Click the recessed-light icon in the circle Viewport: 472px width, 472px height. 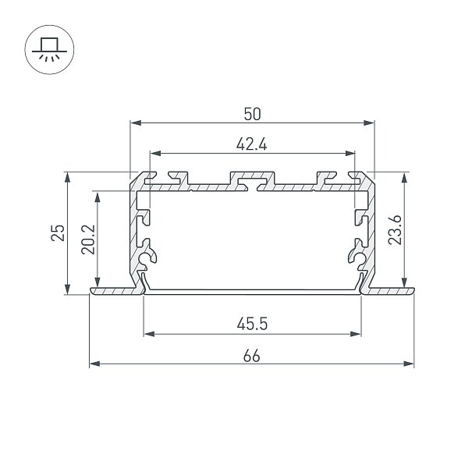pyautogui.click(x=49, y=49)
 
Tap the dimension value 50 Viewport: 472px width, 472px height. pyautogui.click(x=252, y=114)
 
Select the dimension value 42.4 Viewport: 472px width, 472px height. pyautogui.click(x=252, y=144)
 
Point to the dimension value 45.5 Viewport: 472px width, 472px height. pyautogui.click(x=252, y=325)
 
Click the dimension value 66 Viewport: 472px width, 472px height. pyautogui.click(x=252, y=356)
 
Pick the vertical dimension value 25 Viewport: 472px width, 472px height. pyautogui.click(x=58, y=232)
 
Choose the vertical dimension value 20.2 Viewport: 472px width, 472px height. pyautogui.click(x=88, y=240)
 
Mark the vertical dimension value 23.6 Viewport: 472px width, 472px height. pyautogui.click(x=395, y=229)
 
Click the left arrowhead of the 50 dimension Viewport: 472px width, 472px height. pyautogui.click(x=136, y=122)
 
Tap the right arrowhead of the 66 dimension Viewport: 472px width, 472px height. pyautogui.click(x=409, y=364)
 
